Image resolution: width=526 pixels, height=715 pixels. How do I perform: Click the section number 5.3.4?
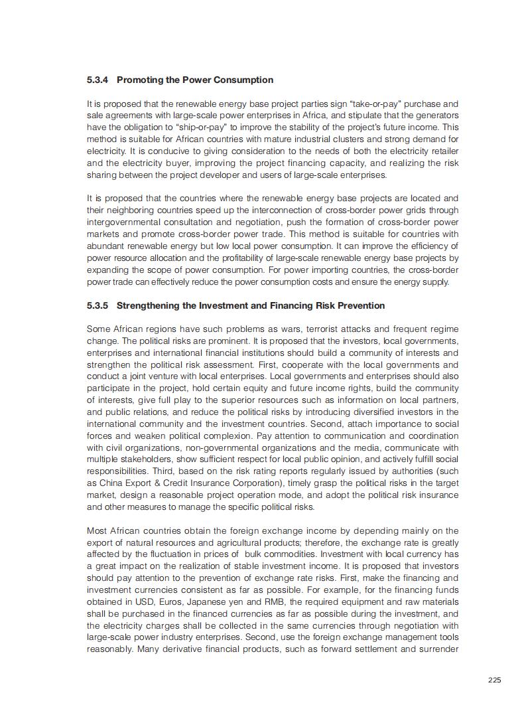pos(98,80)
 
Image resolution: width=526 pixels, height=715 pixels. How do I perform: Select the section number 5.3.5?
pos(98,305)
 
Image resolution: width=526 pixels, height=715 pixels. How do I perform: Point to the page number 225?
pos(494,679)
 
